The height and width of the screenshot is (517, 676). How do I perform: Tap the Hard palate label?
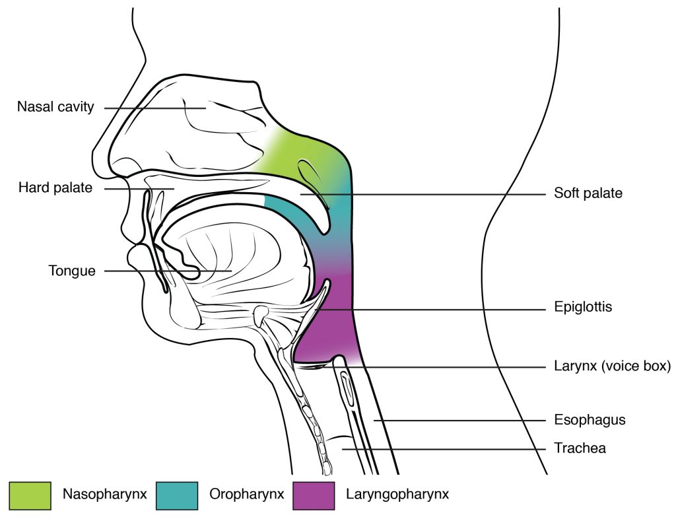(x=55, y=189)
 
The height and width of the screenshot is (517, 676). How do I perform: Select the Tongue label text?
(x=72, y=271)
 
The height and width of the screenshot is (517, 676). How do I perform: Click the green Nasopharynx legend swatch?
(x=30, y=493)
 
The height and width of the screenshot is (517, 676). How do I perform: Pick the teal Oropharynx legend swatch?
(x=178, y=493)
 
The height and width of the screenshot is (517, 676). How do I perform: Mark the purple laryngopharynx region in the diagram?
(x=333, y=330)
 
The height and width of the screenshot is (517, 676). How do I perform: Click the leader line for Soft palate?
(x=429, y=195)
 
